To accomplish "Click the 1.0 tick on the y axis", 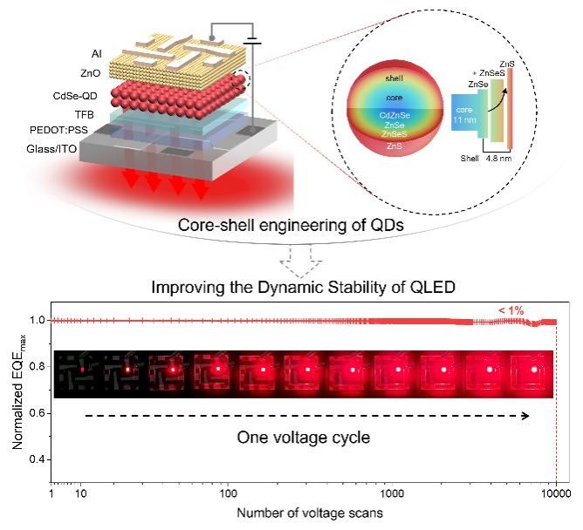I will click(39, 321).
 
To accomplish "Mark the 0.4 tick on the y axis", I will click(39, 459).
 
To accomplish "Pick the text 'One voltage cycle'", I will click(304, 438).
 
